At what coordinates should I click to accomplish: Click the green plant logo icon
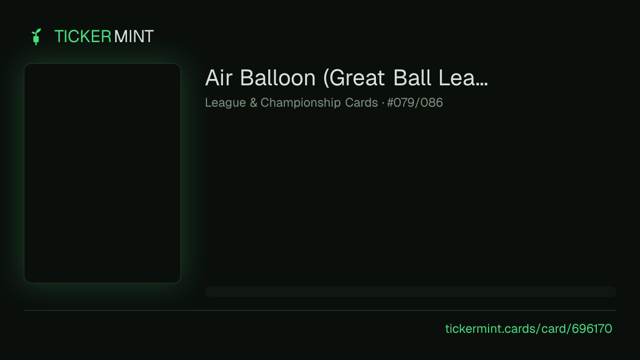pyautogui.click(x=36, y=37)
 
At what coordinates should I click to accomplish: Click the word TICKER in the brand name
pyautogui.click(x=83, y=37)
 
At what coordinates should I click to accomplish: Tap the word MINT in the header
pyautogui.click(x=134, y=37)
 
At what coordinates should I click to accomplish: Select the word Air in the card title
pyautogui.click(x=219, y=78)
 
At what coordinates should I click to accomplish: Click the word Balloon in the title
pyautogui.click(x=277, y=78)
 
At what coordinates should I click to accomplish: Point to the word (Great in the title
pyautogui.click(x=354, y=78)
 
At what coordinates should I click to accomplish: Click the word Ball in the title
pyautogui.click(x=412, y=78)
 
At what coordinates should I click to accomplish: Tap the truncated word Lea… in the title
pyautogui.click(x=463, y=78)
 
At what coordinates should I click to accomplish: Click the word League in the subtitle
pyautogui.click(x=226, y=102)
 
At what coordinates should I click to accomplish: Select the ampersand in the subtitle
pyautogui.click(x=253, y=102)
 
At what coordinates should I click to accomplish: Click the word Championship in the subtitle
pyautogui.click(x=301, y=102)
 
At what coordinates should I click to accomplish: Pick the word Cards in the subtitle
pyautogui.click(x=362, y=102)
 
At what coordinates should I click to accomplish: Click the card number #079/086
pyautogui.click(x=415, y=102)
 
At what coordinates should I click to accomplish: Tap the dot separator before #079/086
pyautogui.click(x=383, y=102)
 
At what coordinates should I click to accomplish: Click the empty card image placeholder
pyautogui.click(x=102, y=173)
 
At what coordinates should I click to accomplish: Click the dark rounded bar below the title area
pyautogui.click(x=411, y=292)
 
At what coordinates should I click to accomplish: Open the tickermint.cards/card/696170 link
pyautogui.click(x=529, y=329)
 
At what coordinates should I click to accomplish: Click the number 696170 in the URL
pyautogui.click(x=591, y=329)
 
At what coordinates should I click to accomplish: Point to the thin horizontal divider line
pyautogui.click(x=320, y=310)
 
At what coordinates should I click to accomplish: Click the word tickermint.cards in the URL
pyautogui.click(x=490, y=329)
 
